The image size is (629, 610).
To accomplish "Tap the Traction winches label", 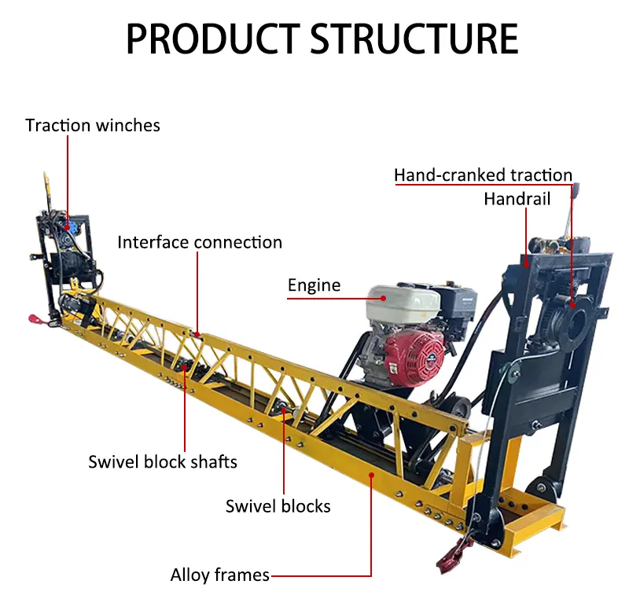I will click(x=93, y=125).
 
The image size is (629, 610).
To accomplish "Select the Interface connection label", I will click(x=200, y=242).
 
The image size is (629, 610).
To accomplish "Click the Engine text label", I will click(x=314, y=285).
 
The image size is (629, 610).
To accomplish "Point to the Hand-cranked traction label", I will click(x=483, y=175).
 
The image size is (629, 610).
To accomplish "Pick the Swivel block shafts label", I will click(x=163, y=461).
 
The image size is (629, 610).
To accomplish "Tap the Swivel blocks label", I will click(x=278, y=505).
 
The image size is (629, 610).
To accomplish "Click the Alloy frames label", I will click(x=220, y=575).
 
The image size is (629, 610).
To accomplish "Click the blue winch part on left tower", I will click(x=72, y=226).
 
